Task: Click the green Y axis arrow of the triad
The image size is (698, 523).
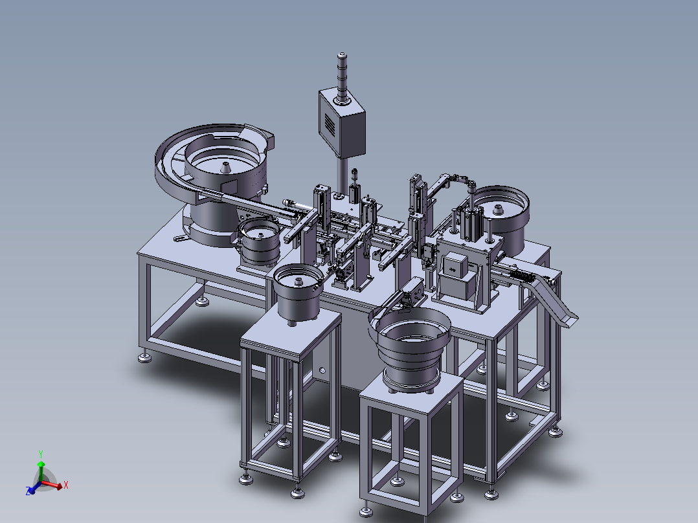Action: click(x=41, y=471)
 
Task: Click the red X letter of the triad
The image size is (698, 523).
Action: click(x=66, y=485)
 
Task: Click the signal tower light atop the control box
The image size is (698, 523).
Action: click(x=342, y=79)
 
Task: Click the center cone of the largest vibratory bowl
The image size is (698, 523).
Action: click(x=226, y=168)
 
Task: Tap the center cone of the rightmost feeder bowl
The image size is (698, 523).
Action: click(x=498, y=210)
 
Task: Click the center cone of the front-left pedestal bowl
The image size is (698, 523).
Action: click(x=297, y=281)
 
